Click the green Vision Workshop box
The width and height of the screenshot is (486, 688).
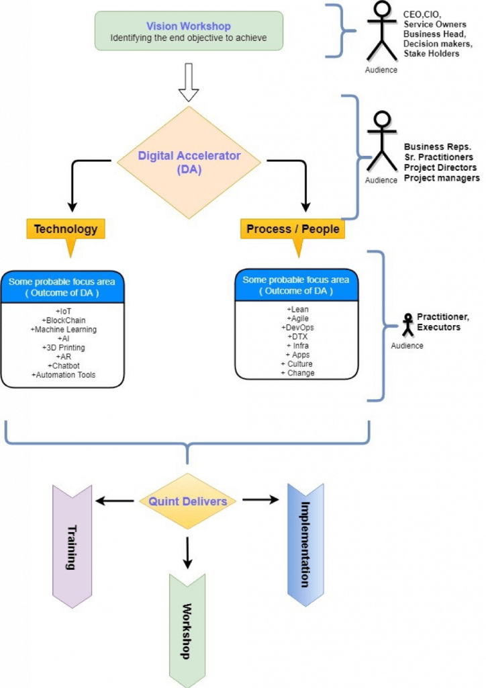(189, 31)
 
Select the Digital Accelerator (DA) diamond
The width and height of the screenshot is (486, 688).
(189, 161)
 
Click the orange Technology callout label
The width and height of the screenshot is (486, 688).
(66, 229)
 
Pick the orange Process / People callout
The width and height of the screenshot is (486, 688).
(293, 229)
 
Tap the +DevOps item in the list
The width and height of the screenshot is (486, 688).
(297, 327)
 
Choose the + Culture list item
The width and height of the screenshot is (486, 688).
(297, 363)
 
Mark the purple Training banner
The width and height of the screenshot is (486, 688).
(71, 546)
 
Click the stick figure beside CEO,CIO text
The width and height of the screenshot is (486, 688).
(380, 34)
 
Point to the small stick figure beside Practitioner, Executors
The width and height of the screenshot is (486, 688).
(407, 325)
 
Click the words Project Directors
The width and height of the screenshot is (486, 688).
(440, 167)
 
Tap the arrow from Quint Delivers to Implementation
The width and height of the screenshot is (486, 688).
(260, 499)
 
